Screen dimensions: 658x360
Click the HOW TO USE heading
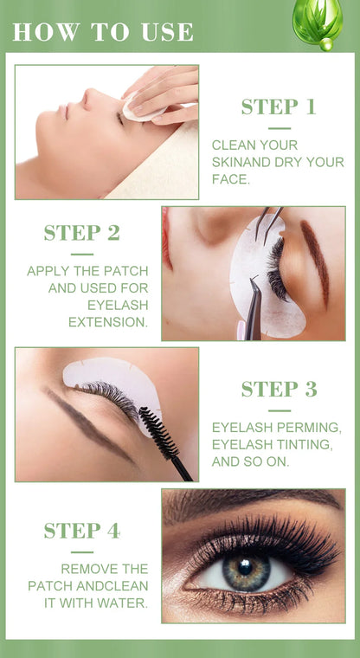tap(103, 32)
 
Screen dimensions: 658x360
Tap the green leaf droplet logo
tap(318, 23)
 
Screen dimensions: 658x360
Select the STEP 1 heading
tap(279, 107)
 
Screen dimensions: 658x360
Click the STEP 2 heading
tap(81, 233)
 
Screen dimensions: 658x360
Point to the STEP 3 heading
tap(279, 390)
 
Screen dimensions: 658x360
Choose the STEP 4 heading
tap(81, 531)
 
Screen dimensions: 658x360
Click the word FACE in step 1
tap(230, 178)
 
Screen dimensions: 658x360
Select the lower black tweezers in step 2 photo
tap(253, 307)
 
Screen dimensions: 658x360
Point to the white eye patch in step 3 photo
tap(108, 375)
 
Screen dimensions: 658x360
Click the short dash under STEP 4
tap(81, 552)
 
